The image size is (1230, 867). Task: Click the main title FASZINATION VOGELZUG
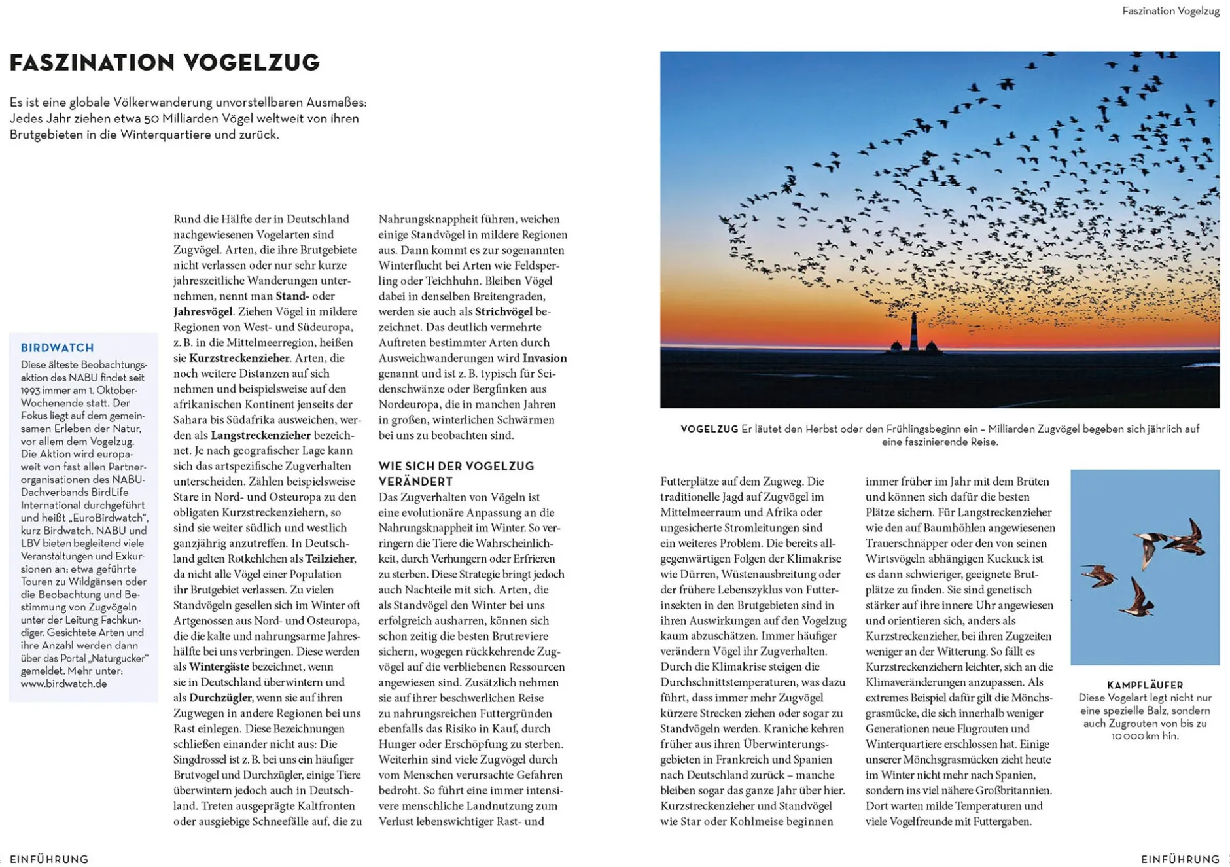coord(165,63)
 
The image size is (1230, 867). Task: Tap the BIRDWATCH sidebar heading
coord(58,348)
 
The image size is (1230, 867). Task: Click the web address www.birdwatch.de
coord(63,684)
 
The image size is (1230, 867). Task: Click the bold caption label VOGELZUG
coord(709,429)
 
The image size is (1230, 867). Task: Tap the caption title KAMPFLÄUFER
coord(1145,685)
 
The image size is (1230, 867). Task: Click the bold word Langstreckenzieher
coord(260,435)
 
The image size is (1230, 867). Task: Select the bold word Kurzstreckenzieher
coord(239,358)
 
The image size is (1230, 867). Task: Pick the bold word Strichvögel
coord(503,311)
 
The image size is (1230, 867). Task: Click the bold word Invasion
coord(544,358)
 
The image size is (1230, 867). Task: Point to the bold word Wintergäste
coord(219,667)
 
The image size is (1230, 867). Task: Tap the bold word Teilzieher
coord(330,559)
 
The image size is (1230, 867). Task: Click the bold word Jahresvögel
coord(203,311)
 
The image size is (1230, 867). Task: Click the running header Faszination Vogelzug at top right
coord(1170,11)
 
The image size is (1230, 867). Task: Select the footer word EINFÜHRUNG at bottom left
coord(49,859)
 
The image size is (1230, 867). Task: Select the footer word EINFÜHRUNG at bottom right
coord(1180,859)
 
